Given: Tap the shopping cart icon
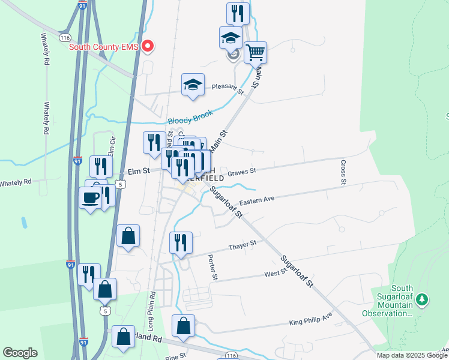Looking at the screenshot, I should tap(256, 52).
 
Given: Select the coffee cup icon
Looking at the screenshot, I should tap(91, 197).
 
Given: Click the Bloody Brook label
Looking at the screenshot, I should tap(191, 121).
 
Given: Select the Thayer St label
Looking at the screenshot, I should tap(243, 245).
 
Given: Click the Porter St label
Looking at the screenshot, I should tap(212, 267).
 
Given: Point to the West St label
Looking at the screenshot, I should tap(276, 274).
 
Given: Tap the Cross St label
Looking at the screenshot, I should tap(343, 172).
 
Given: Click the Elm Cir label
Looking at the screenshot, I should tap(110, 145).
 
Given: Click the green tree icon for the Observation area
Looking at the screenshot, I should tap(423, 298).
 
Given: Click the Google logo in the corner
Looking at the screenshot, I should tap(20, 353).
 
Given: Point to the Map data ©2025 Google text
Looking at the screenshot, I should tap(412, 355).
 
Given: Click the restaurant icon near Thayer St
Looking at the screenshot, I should tap(181, 242).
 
